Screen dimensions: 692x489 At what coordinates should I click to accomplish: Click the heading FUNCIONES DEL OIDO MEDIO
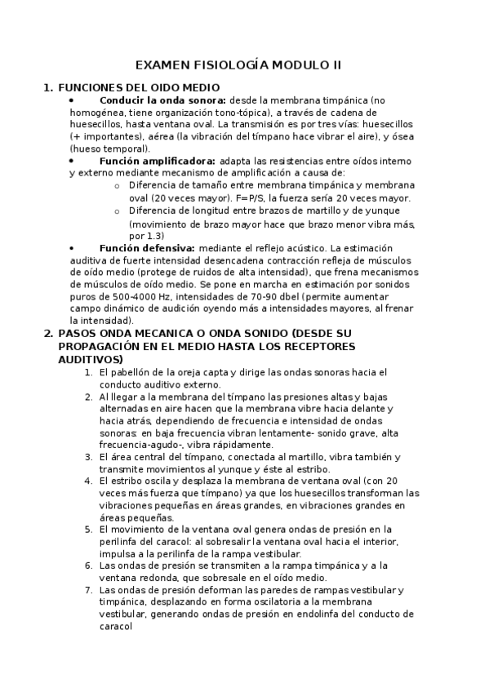(139, 87)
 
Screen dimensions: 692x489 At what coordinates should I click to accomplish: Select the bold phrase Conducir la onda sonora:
(162, 100)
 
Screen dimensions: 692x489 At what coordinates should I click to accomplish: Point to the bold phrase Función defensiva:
(146, 247)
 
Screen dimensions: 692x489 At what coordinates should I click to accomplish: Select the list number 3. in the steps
(88, 457)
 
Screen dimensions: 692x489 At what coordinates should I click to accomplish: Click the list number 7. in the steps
(88, 590)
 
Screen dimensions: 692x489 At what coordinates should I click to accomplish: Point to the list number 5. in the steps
(88, 529)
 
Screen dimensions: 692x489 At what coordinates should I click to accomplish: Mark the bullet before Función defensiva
(72, 248)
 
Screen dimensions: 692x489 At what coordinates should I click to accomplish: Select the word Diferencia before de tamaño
(154, 185)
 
